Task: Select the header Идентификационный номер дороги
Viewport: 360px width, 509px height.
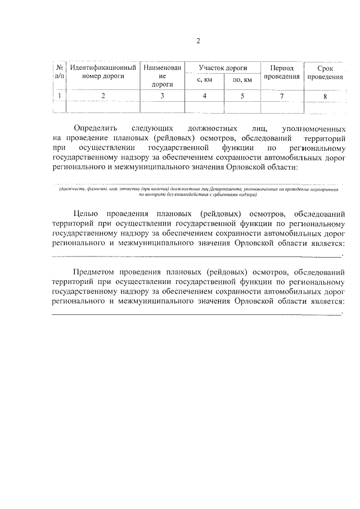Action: coord(103,71)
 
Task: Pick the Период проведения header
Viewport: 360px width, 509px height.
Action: coord(281,71)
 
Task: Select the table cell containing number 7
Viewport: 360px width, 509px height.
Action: coord(281,96)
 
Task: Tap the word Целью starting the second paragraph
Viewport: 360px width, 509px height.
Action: coord(87,214)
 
